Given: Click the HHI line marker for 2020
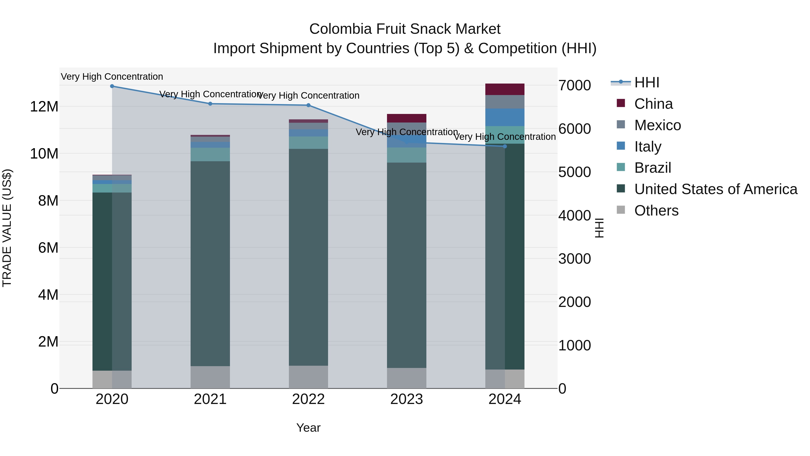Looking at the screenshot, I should point(112,86).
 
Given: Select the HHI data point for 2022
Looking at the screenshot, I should point(308,105).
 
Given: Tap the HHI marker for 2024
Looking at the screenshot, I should point(505,146).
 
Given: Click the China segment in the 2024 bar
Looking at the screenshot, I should point(505,89).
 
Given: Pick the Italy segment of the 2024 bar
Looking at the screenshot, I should point(505,117).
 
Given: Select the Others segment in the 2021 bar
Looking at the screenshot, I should point(210,377).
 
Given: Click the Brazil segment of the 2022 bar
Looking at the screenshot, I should point(308,143).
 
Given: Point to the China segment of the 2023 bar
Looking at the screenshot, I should point(407,118).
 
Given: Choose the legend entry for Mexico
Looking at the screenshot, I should point(657,125).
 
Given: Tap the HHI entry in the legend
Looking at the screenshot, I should point(646,82).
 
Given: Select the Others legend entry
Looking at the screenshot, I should point(656,211).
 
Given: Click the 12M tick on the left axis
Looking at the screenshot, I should point(44,107).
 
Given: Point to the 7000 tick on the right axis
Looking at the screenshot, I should point(574,86).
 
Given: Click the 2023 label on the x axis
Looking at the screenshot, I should point(407,399).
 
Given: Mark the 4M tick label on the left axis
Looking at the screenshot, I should point(48,295).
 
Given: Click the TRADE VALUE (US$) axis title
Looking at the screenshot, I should point(7,228).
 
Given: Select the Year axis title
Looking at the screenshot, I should point(308,428).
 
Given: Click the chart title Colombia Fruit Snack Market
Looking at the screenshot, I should point(405,29).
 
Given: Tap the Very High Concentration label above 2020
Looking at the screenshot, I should point(112,77).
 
